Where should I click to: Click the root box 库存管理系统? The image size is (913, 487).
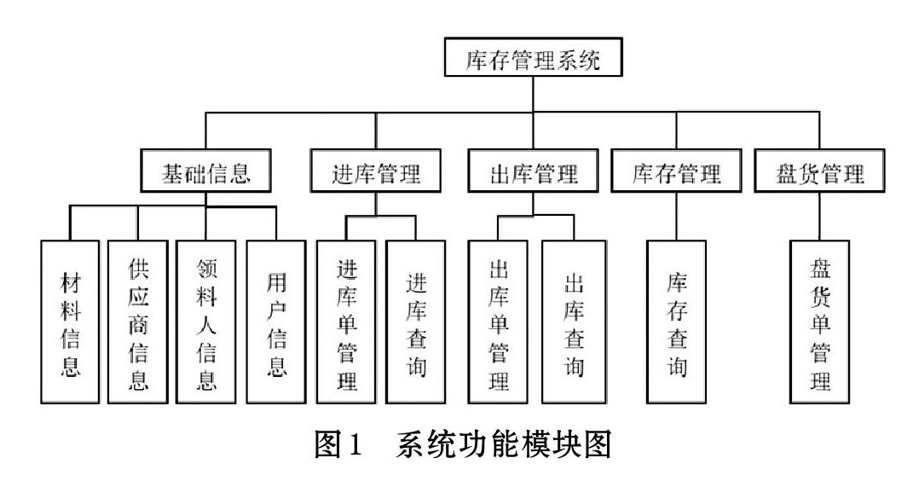click(x=534, y=57)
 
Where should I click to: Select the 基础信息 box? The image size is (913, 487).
click(x=205, y=171)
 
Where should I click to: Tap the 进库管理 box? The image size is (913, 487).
click(x=376, y=171)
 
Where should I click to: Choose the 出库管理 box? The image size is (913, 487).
click(x=534, y=171)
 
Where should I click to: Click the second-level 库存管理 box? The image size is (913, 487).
click(x=676, y=171)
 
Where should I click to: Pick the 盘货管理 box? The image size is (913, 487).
click(x=819, y=171)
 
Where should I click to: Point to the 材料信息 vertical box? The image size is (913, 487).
click(x=70, y=322)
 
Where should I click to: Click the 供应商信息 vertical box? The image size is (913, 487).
click(x=138, y=322)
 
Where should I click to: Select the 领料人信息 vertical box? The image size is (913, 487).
click(x=206, y=322)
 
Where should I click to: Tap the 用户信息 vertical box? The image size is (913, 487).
click(x=276, y=322)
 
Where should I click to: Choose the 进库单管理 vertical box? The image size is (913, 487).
click(x=346, y=322)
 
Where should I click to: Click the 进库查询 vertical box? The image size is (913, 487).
click(x=416, y=322)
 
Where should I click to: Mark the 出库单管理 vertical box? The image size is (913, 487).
click(x=499, y=322)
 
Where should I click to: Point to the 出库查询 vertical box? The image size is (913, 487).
click(x=574, y=322)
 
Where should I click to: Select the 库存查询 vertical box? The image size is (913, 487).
click(x=677, y=322)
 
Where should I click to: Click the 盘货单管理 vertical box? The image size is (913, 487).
click(x=820, y=322)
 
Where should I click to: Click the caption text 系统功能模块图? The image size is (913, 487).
click(x=504, y=445)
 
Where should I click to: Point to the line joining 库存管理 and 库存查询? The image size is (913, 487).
click(x=677, y=216)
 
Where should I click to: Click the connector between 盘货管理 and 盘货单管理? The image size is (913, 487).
click(x=820, y=216)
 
